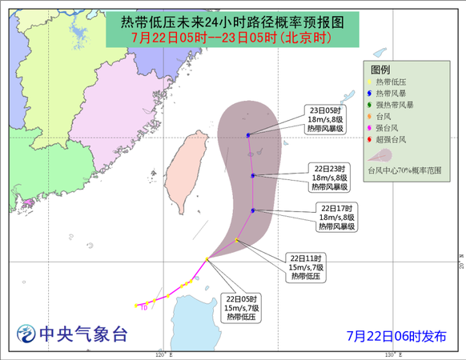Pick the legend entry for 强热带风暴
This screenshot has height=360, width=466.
tap(398, 105)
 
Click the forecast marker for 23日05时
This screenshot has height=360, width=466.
tap(248, 135)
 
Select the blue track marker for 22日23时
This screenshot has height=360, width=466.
tap(252, 175)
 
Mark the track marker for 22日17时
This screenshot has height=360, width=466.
tap(252, 210)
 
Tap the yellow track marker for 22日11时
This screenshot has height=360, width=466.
tap(237, 239)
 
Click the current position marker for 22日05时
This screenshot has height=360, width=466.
tap(207, 259)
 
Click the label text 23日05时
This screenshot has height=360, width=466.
tap(327, 110)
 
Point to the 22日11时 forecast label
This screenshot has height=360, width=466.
tap(305, 258)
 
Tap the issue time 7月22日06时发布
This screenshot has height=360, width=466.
tap(396, 336)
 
